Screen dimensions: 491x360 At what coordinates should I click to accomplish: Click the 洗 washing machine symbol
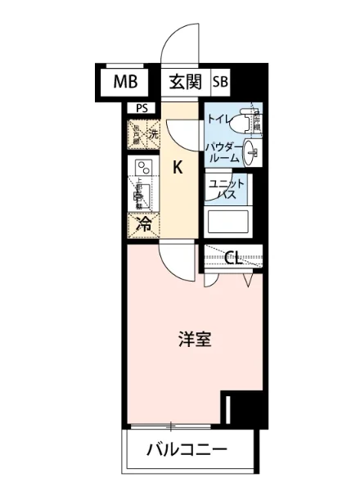153,133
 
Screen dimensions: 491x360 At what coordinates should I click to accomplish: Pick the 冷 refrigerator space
142,223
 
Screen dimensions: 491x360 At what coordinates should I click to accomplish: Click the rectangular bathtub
227,223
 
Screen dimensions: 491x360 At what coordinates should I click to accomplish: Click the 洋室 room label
196,340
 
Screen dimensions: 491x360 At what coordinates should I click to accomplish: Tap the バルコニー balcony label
186,450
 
